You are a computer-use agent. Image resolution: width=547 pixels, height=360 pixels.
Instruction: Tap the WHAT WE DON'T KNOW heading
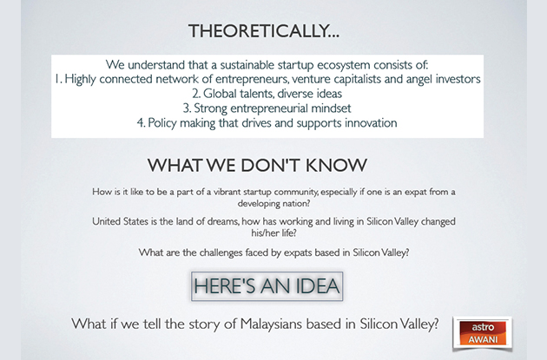pos(268,166)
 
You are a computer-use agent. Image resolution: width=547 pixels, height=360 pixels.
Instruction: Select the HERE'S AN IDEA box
pos(267,285)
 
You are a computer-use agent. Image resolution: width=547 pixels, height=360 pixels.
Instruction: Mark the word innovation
pos(366,123)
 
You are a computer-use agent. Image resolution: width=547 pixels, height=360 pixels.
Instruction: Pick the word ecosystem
pos(334,65)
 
